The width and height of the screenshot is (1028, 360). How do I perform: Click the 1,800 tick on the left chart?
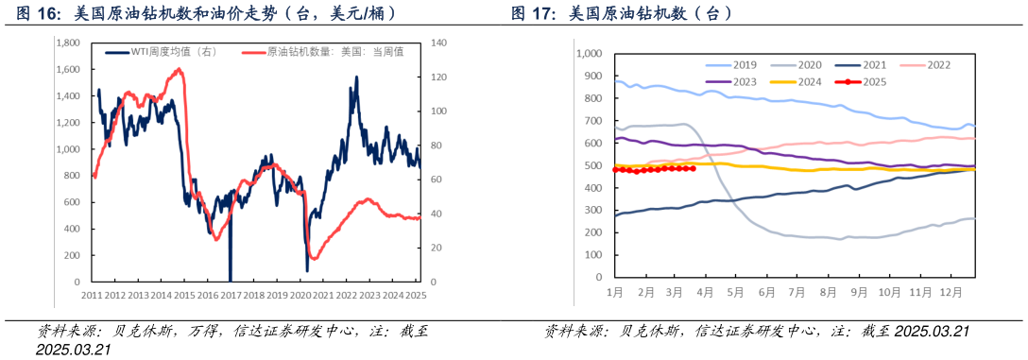[x=67, y=43]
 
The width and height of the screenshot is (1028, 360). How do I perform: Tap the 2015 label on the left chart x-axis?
[x=184, y=295]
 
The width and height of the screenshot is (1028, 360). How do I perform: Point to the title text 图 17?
[x=533, y=14]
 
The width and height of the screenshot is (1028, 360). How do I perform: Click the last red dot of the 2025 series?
[x=694, y=168]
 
